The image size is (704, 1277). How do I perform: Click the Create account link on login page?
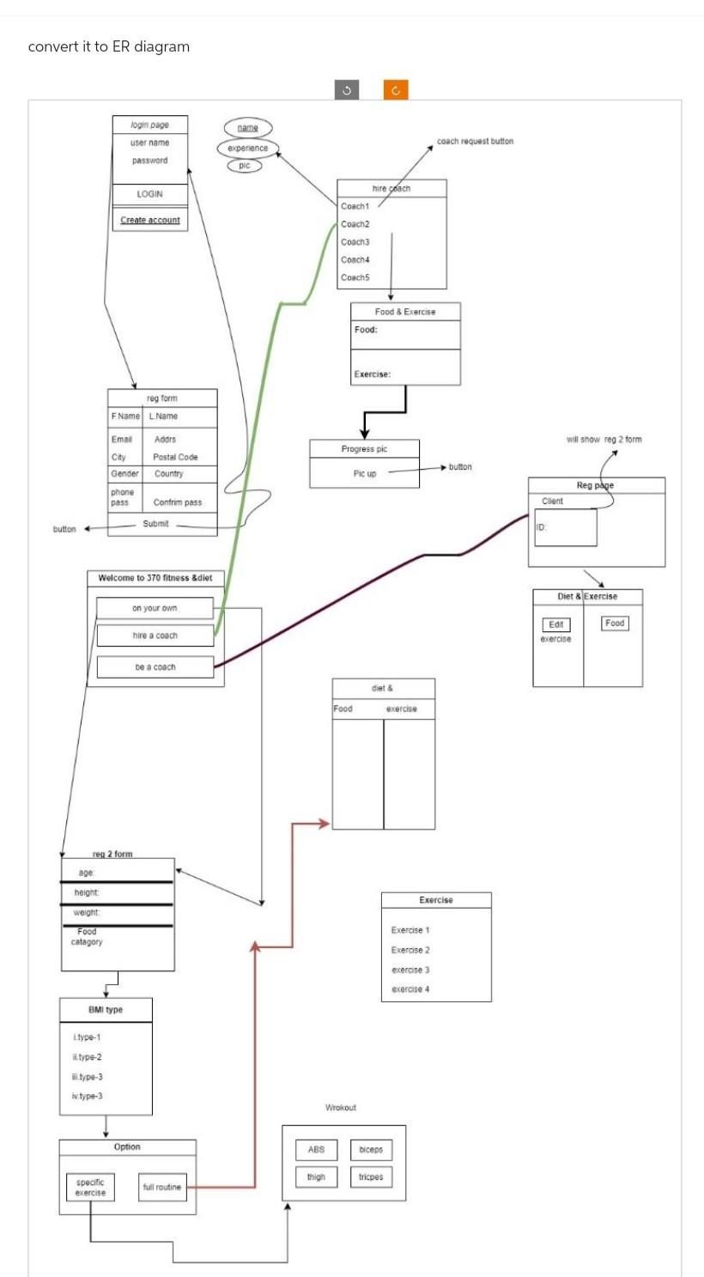coord(150,220)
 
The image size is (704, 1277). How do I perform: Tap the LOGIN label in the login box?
coord(150,194)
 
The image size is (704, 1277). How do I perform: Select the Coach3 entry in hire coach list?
coord(355,242)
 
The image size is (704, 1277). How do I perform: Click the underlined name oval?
coord(247,128)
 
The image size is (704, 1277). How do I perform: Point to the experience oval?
coord(247,148)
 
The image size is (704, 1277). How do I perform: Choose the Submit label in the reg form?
coord(155,524)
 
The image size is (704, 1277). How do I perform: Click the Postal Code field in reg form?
coord(175,457)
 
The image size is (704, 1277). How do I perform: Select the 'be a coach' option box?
coord(155,667)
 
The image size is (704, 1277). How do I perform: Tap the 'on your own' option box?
coord(155,608)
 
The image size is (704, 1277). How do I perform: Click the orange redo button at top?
coord(396,90)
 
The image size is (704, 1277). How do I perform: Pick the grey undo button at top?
coord(346,90)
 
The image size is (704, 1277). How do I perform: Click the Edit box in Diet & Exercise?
coord(556,625)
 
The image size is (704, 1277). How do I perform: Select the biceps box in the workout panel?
coord(371,1150)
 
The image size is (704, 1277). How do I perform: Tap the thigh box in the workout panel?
coord(316,1177)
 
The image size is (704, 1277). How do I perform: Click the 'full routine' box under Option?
coord(162,1187)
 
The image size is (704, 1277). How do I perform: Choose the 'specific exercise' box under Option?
coord(90,1187)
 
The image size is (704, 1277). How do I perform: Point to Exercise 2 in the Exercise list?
coord(410,950)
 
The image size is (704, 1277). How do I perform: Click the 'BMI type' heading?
coord(106,1010)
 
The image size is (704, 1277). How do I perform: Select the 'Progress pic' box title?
coord(364,449)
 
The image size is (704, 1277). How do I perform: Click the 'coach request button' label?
coord(475,141)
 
